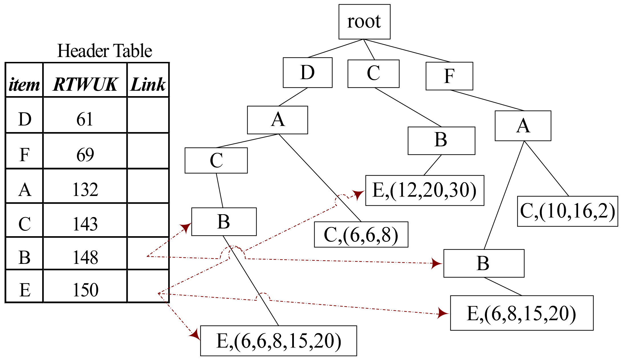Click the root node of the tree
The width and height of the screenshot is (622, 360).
(364, 22)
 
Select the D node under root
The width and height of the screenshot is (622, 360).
(308, 72)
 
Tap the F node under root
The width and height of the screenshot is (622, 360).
(449, 76)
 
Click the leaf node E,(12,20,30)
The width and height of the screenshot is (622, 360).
(424, 190)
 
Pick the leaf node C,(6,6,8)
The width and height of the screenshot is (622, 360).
(361, 234)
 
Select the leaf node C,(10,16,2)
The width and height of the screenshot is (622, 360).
(567, 211)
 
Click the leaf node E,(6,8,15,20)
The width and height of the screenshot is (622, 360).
(521, 313)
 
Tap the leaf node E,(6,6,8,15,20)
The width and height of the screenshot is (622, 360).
(279, 341)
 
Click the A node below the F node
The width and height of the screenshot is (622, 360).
(523, 126)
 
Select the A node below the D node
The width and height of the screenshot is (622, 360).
(278, 120)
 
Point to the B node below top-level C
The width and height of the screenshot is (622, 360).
(441, 141)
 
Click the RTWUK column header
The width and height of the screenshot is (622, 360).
(85, 84)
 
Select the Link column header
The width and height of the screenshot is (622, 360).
(148, 84)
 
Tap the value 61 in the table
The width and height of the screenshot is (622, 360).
(85, 119)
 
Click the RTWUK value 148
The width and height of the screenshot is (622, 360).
(85, 257)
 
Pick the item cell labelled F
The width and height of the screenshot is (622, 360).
(25, 155)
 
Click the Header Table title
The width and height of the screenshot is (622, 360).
(104, 51)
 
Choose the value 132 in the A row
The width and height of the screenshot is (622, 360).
(85, 189)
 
